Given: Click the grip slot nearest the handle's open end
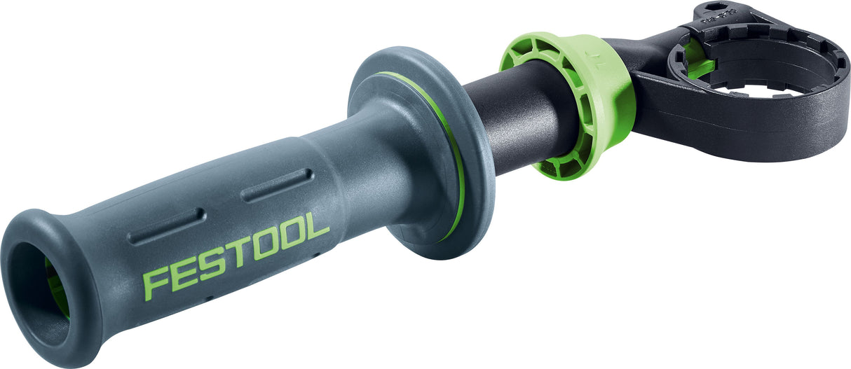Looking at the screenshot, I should pyautogui.click(x=166, y=225).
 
